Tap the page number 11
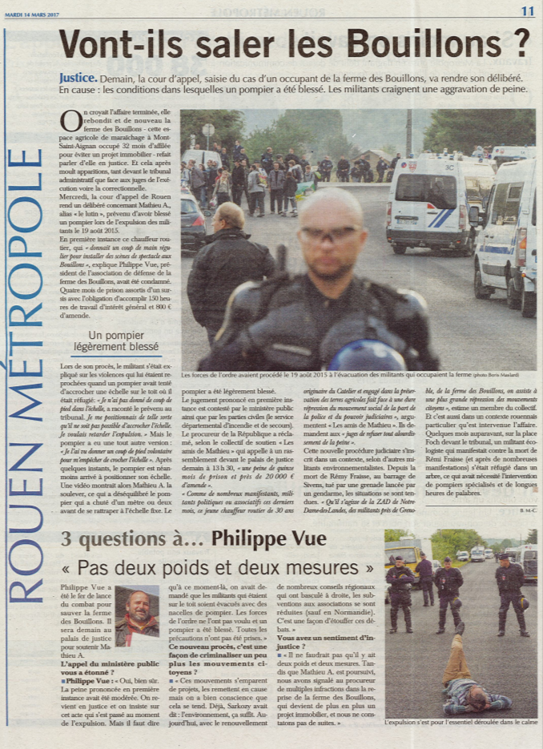[x=526, y=10]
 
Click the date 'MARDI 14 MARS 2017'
[x=31, y=12]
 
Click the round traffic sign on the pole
[x=208, y=130]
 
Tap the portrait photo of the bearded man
[x=137, y=615]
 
